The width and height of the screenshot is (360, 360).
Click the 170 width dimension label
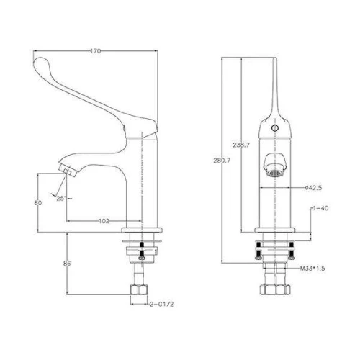96,51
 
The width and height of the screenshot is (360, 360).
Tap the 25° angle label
61,199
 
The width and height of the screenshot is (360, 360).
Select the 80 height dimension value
38,203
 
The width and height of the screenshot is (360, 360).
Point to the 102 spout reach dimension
104,221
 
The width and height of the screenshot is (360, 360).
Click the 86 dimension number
67,264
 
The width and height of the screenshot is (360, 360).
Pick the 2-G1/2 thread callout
161,305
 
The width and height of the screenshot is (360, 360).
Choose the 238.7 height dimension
241,145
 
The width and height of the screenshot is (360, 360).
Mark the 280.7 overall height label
222,161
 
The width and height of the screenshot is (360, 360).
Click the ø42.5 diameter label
313,188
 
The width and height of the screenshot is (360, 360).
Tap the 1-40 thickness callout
320,208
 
